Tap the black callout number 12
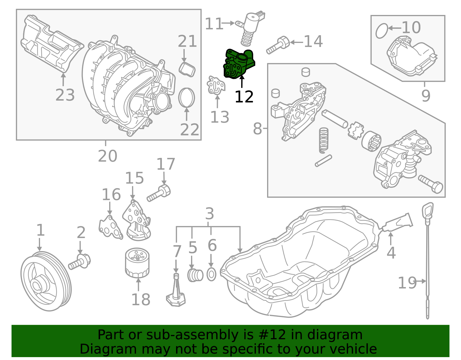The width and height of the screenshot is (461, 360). pyautogui.click(x=244, y=97)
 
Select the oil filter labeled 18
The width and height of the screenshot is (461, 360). pyautogui.click(x=137, y=263)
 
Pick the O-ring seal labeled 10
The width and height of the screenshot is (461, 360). pyautogui.click(x=382, y=31)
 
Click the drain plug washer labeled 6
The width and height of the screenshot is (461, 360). pyautogui.click(x=211, y=275)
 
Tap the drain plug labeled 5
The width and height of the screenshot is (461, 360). pyautogui.click(x=195, y=275)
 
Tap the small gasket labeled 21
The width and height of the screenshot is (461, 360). pyautogui.click(x=187, y=69)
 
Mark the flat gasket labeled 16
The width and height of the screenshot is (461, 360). pyautogui.click(x=110, y=228)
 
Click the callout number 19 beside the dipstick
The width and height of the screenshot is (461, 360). pyautogui.click(x=407, y=283)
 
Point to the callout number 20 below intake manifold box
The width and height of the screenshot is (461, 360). pyautogui.click(x=107, y=156)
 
